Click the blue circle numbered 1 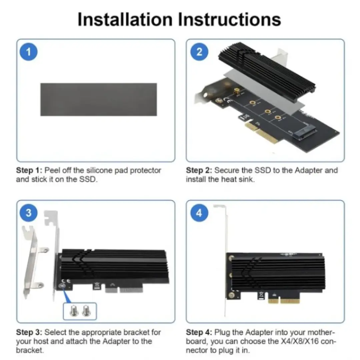[28, 52]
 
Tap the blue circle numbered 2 [199, 52]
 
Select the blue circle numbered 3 [28, 213]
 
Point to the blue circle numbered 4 [199, 213]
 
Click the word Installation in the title [125, 19]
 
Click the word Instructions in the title [230, 19]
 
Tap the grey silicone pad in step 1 [99, 99]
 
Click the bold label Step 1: [29, 170]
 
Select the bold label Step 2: [199, 170]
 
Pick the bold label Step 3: [29, 332]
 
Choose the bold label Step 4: [199, 332]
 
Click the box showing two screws [80, 311]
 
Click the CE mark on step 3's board [66, 281]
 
